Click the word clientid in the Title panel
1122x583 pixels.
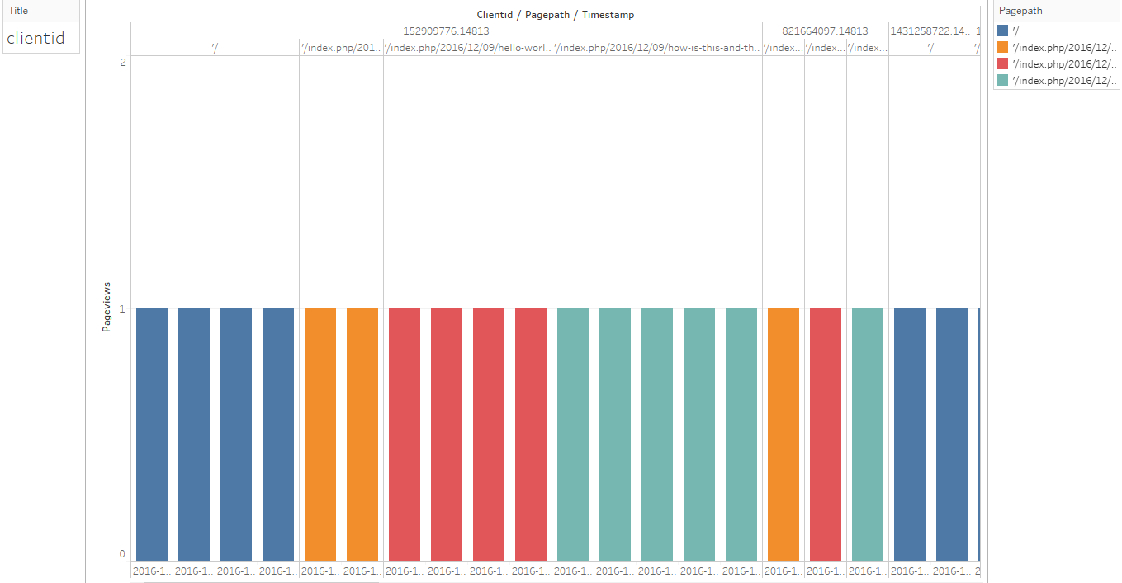[x=36, y=38]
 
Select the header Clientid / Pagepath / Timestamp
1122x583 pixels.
[x=555, y=15]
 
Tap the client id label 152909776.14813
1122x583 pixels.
[x=446, y=31]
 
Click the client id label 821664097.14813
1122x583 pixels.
[x=825, y=31]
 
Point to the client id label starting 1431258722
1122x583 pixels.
[x=930, y=31]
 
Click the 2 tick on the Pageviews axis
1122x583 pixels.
[x=123, y=63]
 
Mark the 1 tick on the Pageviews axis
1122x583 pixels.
[x=123, y=309]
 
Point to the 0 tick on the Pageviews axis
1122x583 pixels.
[x=123, y=554]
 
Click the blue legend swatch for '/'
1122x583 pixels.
[x=1002, y=31]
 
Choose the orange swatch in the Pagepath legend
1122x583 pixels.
[x=1002, y=47]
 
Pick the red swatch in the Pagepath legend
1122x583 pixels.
[x=1002, y=63]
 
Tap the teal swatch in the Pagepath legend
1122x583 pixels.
[x=1002, y=80]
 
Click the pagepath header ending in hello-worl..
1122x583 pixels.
[x=467, y=48]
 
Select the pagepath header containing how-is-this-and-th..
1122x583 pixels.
[x=656, y=48]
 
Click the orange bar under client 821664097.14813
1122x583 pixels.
[x=784, y=435]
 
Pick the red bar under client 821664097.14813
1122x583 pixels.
[x=826, y=435]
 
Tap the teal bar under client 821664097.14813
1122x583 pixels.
[x=868, y=435]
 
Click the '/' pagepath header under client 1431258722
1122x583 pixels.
[x=930, y=48]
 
